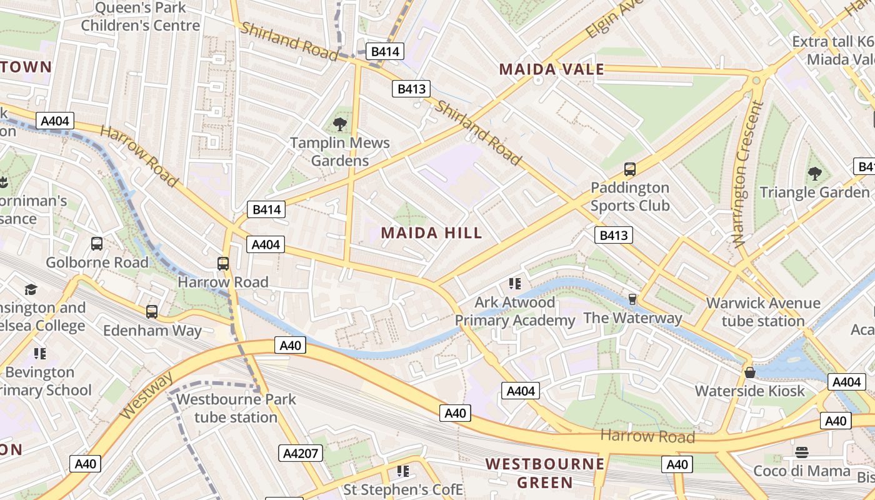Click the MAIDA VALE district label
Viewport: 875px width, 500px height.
click(552, 69)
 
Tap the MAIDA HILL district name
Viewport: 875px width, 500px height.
click(431, 233)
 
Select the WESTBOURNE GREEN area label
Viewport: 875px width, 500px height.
click(545, 473)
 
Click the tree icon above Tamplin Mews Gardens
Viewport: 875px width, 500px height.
click(340, 124)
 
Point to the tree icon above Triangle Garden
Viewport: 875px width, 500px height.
click(814, 173)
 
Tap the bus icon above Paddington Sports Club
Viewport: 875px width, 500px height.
click(630, 169)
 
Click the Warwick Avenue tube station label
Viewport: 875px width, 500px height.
click(763, 312)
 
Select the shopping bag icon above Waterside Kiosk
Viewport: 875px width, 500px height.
click(750, 372)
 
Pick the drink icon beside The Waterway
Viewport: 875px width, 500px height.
click(632, 299)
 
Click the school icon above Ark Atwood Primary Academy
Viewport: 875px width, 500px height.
click(514, 284)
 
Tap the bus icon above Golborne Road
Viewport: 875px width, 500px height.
click(97, 244)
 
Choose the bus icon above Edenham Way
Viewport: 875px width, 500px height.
click(152, 311)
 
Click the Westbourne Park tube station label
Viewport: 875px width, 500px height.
click(236, 408)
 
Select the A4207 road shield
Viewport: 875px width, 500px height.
click(301, 453)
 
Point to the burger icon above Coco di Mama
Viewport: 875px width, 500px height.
click(802, 452)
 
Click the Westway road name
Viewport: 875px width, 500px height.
click(146, 396)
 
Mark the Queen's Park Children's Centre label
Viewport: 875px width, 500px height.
click(141, 17)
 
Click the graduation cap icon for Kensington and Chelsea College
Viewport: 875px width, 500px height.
click(31, 289)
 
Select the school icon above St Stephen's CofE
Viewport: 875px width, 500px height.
click(403, 471)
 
